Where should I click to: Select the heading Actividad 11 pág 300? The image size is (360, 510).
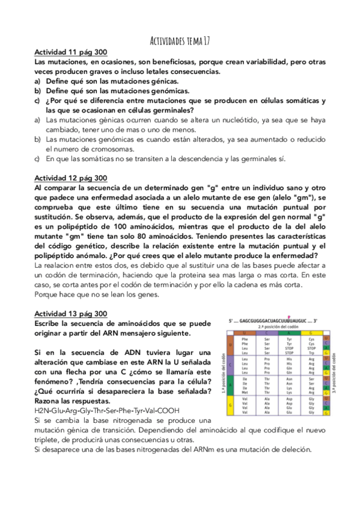pyautogui.click(x=71, y=53)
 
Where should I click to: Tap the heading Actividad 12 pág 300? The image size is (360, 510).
pyautogui.click(x=71, y=179)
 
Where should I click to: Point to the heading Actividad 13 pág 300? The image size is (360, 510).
pyautogui.click(x=71, y=313)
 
